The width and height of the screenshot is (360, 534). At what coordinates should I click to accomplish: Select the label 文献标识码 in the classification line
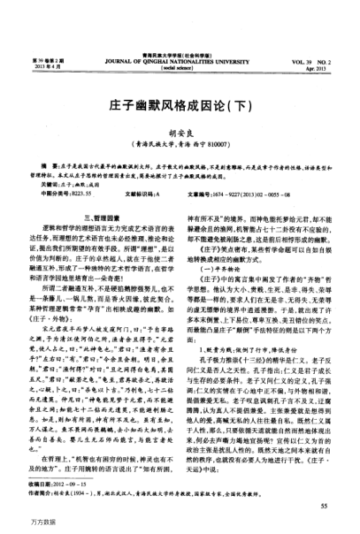139,192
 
